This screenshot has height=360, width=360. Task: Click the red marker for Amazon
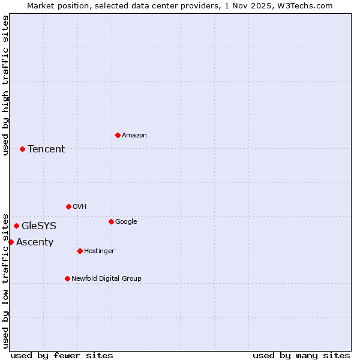click(118, 135)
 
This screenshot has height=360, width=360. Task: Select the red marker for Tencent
click(22, 149)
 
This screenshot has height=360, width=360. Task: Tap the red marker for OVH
click(68, 206)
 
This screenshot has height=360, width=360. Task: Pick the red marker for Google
click(111, 221)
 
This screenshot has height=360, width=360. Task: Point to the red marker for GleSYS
click(16, 226)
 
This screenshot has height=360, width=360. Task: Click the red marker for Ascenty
click(11, 242)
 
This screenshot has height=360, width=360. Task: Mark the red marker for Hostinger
click(80, 251)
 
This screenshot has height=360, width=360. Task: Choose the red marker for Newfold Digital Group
click(67, 278)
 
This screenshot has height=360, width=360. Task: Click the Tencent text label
click(46, 149)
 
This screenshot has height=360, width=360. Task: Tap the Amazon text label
click(134, 136)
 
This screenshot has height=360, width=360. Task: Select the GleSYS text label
click(39, 226)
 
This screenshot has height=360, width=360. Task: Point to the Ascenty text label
click(35, 242)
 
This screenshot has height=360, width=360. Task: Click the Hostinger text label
click(99, 251)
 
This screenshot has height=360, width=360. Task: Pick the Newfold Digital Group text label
click(106, 278)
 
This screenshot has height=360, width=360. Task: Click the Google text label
click(126, 222)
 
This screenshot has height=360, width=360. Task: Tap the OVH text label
click(79, 207)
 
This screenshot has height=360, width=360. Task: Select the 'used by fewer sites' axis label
click(62, 356)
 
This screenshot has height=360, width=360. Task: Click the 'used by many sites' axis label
click(301, 356)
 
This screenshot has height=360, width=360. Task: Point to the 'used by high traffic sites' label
click(5, 85)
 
